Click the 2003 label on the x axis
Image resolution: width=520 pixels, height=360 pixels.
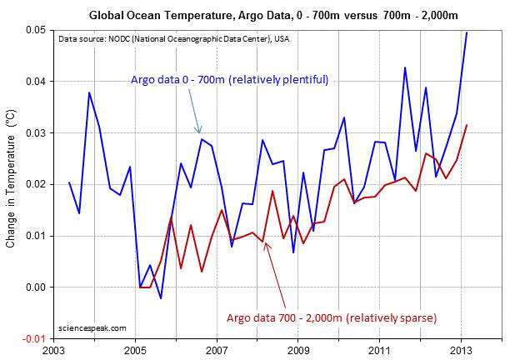pyautogui.click(x=55, y=351)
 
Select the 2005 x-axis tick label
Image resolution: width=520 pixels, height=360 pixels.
pyautogui.click(x=136, y=351)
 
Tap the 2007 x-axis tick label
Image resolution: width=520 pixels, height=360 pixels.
pyautogui.click(x=217, y=351)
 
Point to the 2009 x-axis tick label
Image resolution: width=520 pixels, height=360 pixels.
pyautogui.click(x=298, y=351)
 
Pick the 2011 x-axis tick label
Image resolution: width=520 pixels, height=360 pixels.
pyautogui.click(x=379, y=351)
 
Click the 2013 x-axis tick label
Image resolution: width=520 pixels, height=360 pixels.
pyautogui.click(x=460, y=351)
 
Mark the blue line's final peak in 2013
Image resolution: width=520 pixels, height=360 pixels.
pyautogui.click(x=467, y=32)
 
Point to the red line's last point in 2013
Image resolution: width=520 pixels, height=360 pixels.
pyautogui.click(x=467, y=125)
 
